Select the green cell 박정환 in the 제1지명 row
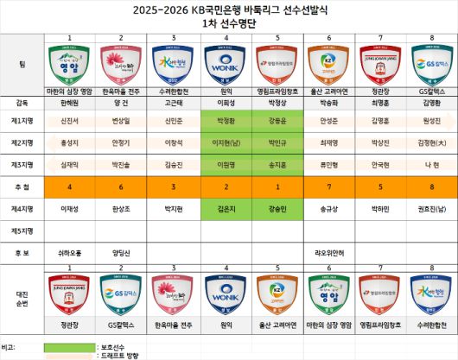point(224,120)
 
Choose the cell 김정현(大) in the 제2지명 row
point(429,141)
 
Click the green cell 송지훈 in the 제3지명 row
point(276,162)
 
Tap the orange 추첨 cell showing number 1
point(276,186)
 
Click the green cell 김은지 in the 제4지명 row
point(224,208)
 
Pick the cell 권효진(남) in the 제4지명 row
point(429,208)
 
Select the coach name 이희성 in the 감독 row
point(224,101)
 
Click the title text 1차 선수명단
point(228,23)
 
